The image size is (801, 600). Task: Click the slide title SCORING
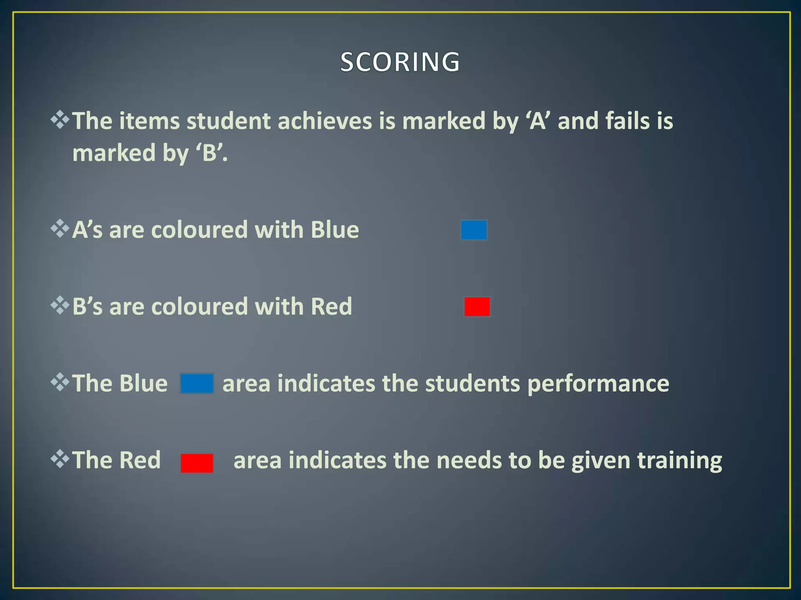pyautogui.click(x=400, y=62)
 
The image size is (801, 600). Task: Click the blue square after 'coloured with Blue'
pyautogui.click(x=474, y=230)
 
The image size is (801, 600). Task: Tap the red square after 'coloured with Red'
pyautogui.click(x=477, y=307)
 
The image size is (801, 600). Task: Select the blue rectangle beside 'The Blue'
pyautogui.click(x=197, y=383)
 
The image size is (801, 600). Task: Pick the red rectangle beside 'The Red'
pyautogui.click(x=197, y=463)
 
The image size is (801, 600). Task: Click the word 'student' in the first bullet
pyautogui.click(x=228, y=121)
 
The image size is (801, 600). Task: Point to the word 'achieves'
pyautogui.click(x=325, y=121)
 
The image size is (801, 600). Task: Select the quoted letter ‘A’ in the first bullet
pyautogui.click(x=537, y=121)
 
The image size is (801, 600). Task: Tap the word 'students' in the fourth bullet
pyautogui.click(x=472, y=383)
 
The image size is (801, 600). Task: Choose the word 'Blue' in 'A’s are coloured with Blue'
pyautogui.click(x=335, y=230)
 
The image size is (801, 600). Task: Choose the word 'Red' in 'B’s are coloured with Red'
pyautogui.click(x=331, y=307)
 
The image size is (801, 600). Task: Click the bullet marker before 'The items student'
pyautogui.click(x=60, y=120)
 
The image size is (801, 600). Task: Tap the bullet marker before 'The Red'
pyautogui.click(x=60, y=459)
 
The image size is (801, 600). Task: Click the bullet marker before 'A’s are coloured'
pyautogui.click(x=60, y=229)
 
